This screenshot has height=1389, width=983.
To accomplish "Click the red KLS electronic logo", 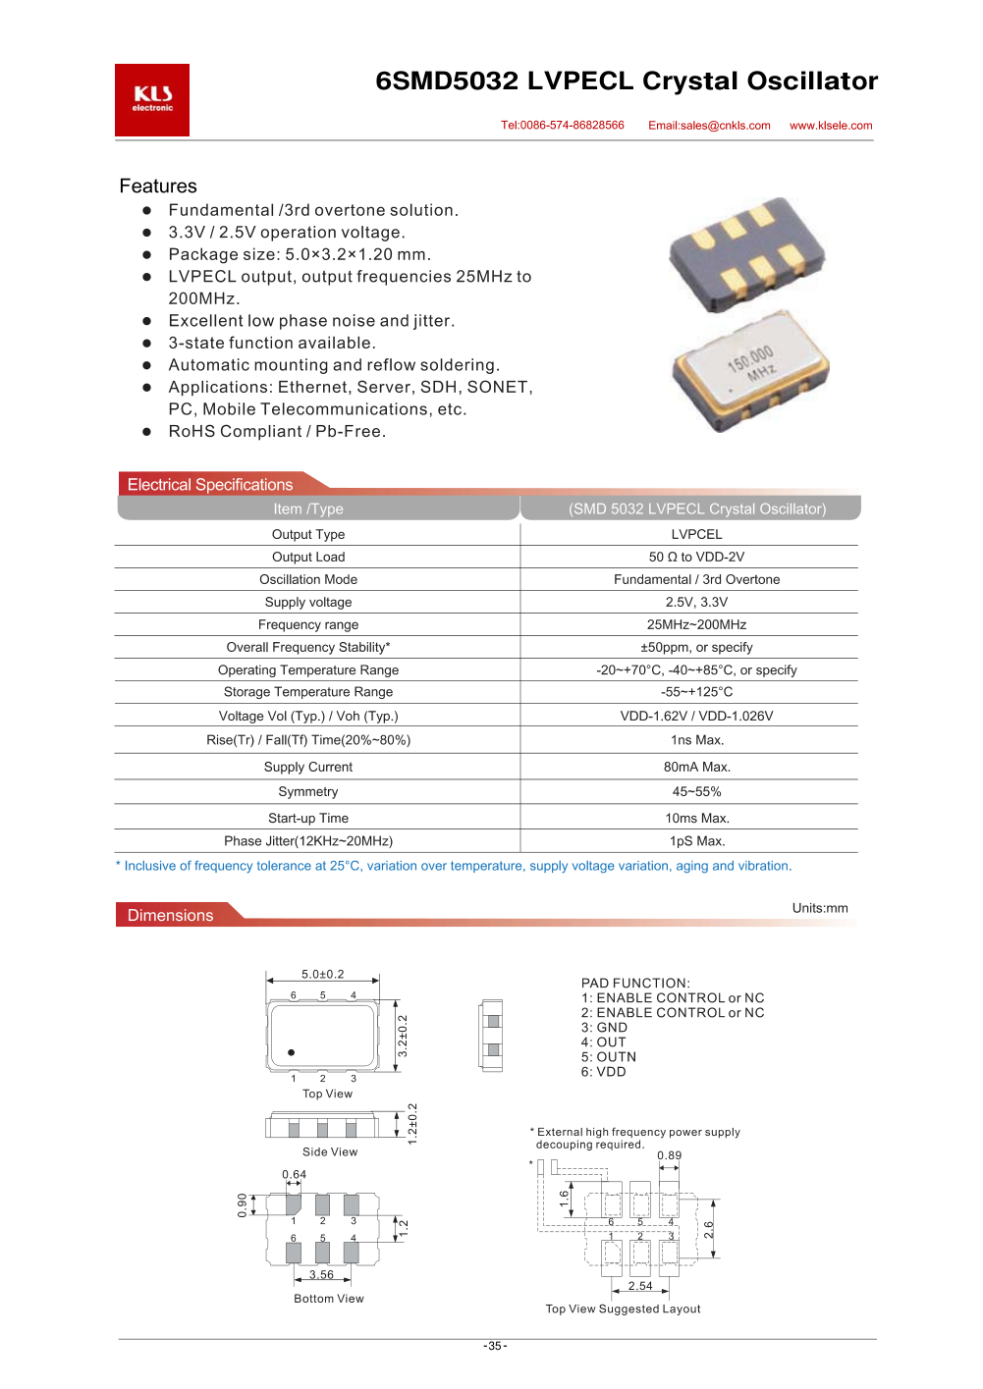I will coord(152,100).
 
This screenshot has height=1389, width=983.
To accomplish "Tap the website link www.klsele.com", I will coord(831,126).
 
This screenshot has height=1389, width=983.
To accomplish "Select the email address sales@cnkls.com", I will coord(709,126).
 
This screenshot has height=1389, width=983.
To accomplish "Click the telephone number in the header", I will coord(563,126).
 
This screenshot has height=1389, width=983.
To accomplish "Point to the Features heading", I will coord(158,187).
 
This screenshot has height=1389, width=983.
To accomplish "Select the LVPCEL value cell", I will coord(696,534).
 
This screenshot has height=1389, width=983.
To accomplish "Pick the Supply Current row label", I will coord(308,767).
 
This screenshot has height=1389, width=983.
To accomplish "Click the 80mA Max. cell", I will coord(696,767).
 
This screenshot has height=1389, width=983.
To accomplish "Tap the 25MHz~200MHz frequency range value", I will coord(696,624).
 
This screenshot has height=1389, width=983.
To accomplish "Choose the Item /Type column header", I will coord(308,508).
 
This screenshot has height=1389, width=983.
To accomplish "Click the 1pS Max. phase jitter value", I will coord(696,841).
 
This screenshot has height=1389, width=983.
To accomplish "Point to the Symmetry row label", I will coord(308,791).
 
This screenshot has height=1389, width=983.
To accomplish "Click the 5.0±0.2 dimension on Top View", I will coord(322,975).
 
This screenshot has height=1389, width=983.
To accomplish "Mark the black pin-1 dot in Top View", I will coord(292,1052).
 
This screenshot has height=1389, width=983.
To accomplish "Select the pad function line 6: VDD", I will coord(603,1072).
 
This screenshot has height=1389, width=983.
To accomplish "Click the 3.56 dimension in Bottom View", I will coord(321,1275).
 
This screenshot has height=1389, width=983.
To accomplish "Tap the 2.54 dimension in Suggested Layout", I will coord(640,1286).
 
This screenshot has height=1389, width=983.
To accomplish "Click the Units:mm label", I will coord(820,908).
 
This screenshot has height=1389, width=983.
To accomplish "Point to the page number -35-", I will coord(495,1346).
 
